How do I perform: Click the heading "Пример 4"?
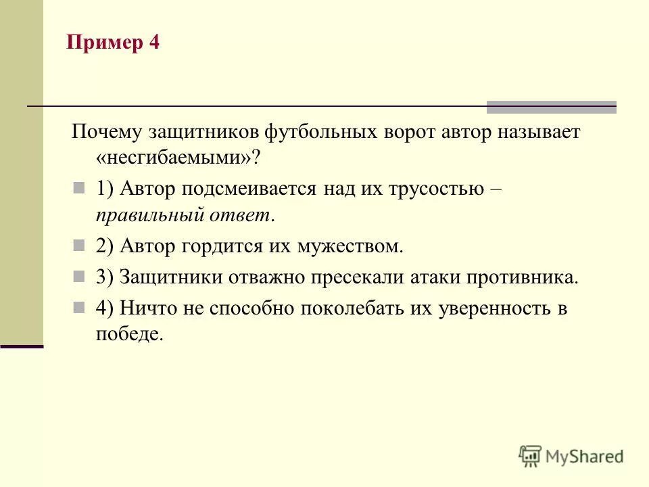(x=113, y=44)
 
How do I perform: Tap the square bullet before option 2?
(x=78, y=245)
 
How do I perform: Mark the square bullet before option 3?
(x=78, y=276)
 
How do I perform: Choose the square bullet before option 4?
(x=78, y=307)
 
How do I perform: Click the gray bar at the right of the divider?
(x=551, y=106)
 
